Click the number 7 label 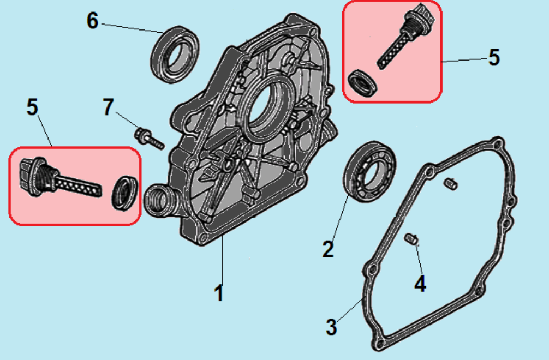(109, 107)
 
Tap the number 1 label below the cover (219, 293)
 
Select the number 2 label (327, 249)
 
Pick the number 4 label (420, 284)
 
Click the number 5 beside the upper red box (493, 58)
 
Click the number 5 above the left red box (32, 107)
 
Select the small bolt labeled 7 (148, 137)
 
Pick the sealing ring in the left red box (124, 192)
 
